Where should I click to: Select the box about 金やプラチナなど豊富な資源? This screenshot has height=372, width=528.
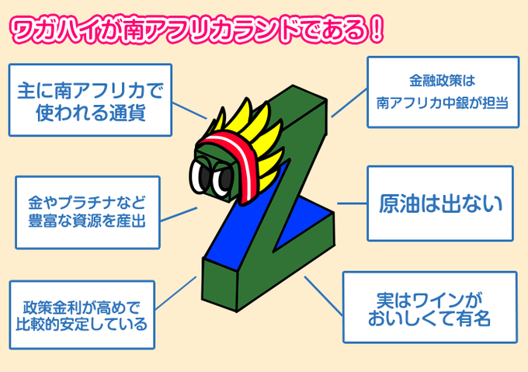point(87,211)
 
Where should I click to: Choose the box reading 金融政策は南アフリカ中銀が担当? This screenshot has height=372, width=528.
point(442,92)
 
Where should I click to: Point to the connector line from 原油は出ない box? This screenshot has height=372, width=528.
point(350,204)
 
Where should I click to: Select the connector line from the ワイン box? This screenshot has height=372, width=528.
point(323,294)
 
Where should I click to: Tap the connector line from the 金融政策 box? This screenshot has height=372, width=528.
point(349,102)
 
